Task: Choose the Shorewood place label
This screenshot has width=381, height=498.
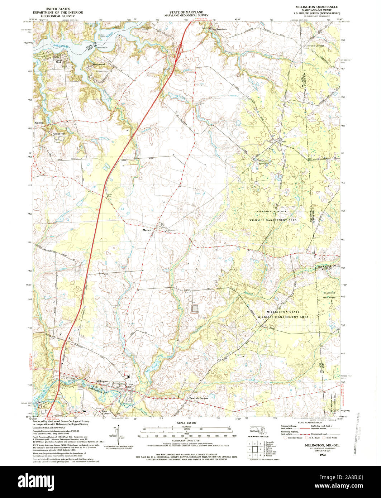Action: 99,64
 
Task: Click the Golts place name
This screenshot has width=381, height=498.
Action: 284,142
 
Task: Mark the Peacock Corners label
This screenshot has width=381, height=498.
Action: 199,398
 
